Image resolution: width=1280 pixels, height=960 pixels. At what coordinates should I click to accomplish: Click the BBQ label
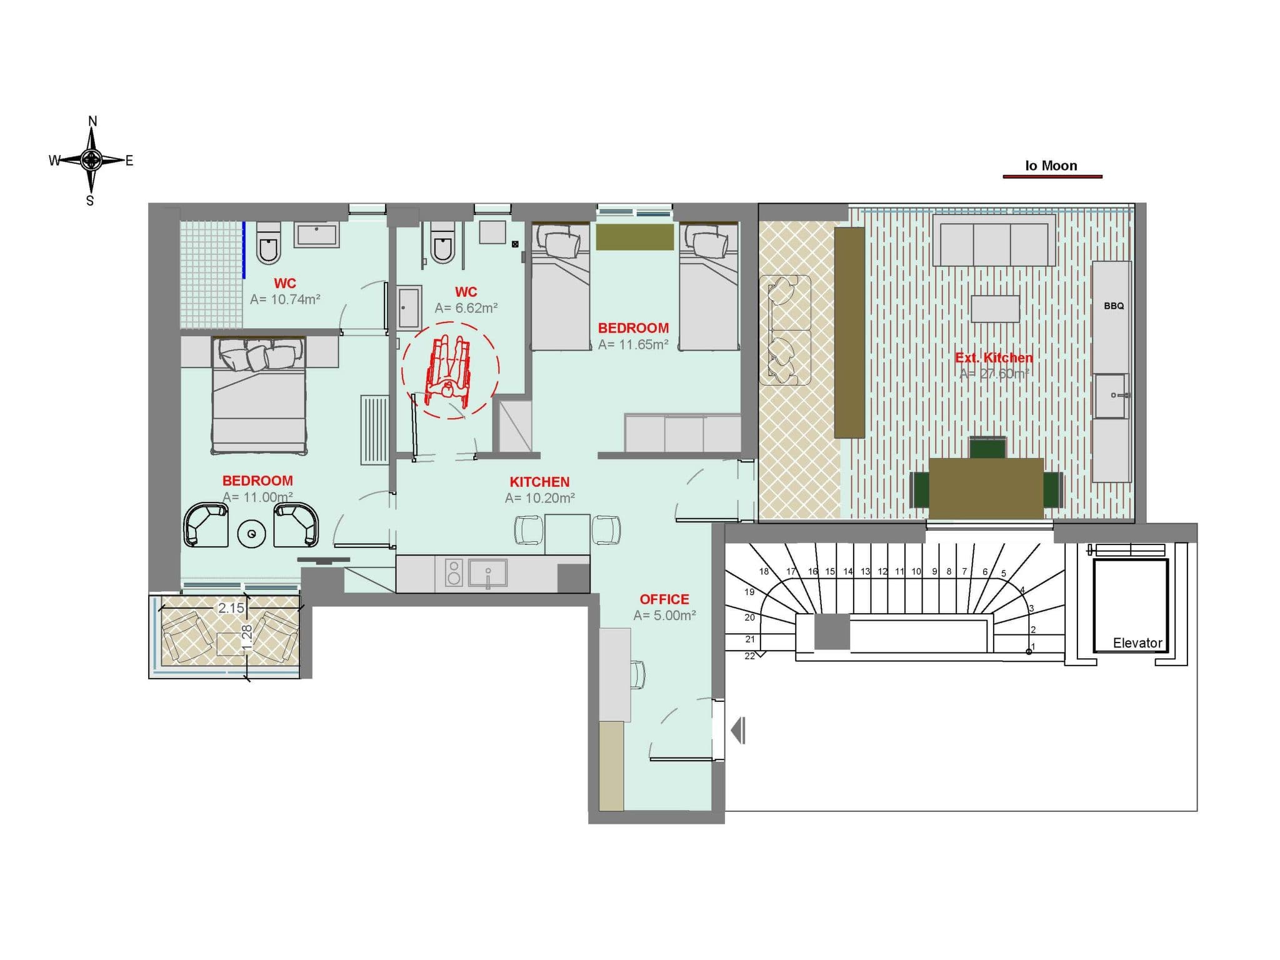[x=1114, y=306]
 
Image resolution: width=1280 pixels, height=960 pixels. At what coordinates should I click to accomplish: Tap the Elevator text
[x=1137, y=642]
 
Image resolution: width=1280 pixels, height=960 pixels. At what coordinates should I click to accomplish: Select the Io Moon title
[x=1051, y=166]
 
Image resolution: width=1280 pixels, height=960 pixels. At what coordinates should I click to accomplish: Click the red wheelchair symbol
[x=447, y=370]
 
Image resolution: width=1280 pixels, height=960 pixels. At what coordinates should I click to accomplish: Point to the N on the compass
[x=92, y=121]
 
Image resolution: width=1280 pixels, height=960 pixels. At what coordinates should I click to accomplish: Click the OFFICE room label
[x=664, y=599]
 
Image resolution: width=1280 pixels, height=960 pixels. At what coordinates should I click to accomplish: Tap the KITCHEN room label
[x=539, y=482]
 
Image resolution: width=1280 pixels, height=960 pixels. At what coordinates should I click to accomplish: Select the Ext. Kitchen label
[x=994, y=357]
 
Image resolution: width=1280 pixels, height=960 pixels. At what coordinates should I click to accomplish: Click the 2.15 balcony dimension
[x=231, y=607]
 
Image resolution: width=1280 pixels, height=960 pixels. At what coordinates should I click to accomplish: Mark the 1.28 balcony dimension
[x=247, y=637]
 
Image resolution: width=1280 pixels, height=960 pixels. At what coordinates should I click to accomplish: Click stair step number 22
[x=749, y=656]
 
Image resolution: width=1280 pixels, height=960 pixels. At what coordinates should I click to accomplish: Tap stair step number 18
[x=764, y=571]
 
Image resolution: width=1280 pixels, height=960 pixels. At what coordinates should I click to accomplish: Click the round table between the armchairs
[x=252, y=534]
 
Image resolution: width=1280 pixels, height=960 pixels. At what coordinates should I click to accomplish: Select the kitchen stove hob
[x=454, y=572]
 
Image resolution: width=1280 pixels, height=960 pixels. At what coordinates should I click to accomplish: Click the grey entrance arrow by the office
[x=738, y=730]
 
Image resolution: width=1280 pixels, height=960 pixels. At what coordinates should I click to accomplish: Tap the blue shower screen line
[x=244, y=250]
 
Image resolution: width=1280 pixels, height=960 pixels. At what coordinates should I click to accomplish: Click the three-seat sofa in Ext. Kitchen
[x=994, y=241]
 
